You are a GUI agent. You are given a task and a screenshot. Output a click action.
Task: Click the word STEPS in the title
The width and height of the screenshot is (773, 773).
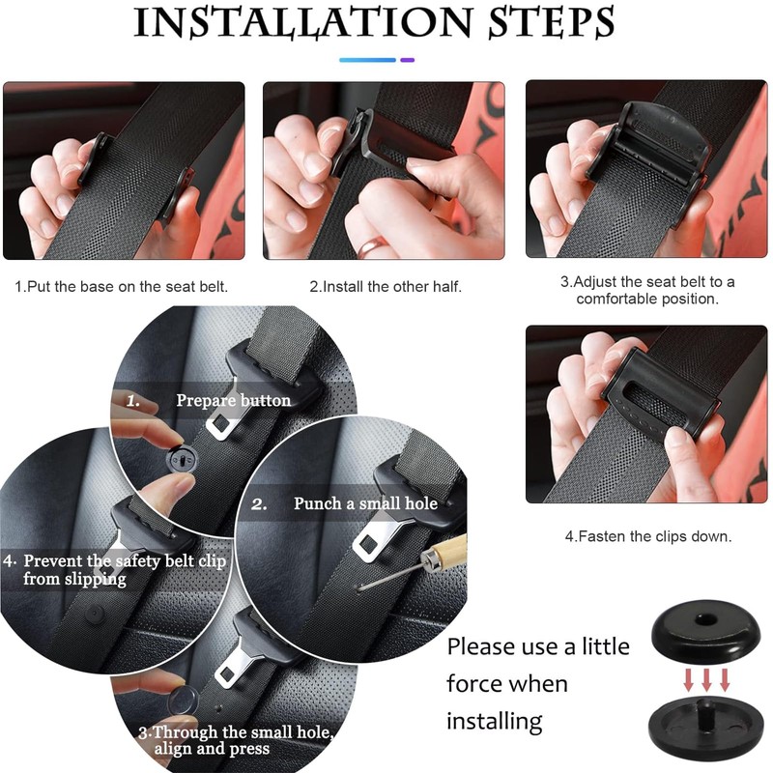click(x=551, y=22)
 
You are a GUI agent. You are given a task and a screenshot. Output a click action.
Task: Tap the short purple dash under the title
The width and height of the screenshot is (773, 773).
click(x=407, y=60)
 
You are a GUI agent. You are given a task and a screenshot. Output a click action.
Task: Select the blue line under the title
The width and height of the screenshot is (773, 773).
click(x=368, y=60)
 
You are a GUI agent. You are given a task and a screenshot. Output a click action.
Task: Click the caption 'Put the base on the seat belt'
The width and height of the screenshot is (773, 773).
click(x=122, y=286)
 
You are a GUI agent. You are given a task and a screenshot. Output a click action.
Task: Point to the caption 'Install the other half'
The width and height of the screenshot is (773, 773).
click(x=386, y=286)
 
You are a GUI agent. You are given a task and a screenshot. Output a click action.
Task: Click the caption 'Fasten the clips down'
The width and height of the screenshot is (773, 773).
click(x=648, y=536)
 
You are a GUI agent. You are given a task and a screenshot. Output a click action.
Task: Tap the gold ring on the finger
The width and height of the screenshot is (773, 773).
click(x=373, y=246)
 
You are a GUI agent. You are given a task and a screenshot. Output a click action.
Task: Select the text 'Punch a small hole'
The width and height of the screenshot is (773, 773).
click(x=365, y=503)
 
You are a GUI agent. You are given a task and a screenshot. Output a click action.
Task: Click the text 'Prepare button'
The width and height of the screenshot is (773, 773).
click(x=233, y=400)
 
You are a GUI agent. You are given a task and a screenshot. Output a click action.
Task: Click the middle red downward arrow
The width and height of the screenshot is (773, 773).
click(x=706, y=679)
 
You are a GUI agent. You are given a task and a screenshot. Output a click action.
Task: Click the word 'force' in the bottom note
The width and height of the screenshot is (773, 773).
click(x=475, y=683)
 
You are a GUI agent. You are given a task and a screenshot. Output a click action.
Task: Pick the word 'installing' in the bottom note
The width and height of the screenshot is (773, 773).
click(x=495, y=721)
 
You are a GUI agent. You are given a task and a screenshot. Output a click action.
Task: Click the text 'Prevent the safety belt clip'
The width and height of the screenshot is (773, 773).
click(x=125, y=561)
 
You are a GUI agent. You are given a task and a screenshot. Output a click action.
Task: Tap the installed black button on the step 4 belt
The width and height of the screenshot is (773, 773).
click(x=94, y=614)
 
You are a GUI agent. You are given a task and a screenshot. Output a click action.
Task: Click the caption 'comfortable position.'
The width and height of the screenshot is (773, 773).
click(x=647, y=299)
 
